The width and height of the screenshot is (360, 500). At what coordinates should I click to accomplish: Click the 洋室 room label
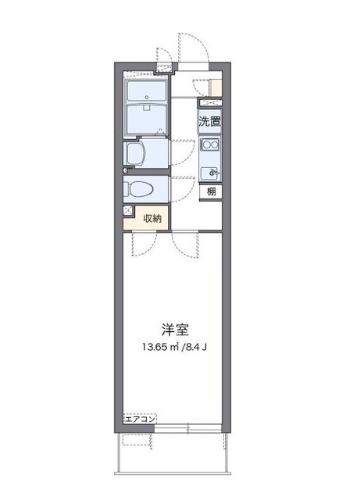coord(176,330)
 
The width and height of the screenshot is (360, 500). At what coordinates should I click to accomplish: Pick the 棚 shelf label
coord(211,191)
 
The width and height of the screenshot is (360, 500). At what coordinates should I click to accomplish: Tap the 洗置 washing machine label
coord(209,121)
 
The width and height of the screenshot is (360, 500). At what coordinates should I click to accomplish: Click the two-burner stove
coord(209,145)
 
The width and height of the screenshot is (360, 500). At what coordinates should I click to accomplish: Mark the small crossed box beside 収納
coord(127,211)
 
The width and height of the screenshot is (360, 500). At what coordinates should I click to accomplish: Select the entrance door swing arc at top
coord(192,49)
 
